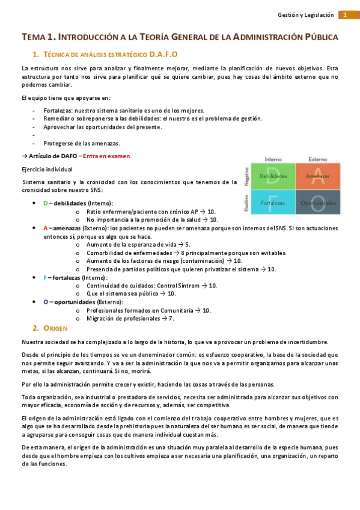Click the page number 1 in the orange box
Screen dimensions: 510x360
(x=346, y=14)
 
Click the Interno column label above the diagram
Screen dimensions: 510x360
(x=273, y=159)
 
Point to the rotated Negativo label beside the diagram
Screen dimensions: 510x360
(x=246, y=176)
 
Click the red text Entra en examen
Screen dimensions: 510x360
(x=107, y=156)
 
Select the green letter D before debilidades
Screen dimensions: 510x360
(x=45, y=203)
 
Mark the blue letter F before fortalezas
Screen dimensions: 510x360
(x=45, y=278)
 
